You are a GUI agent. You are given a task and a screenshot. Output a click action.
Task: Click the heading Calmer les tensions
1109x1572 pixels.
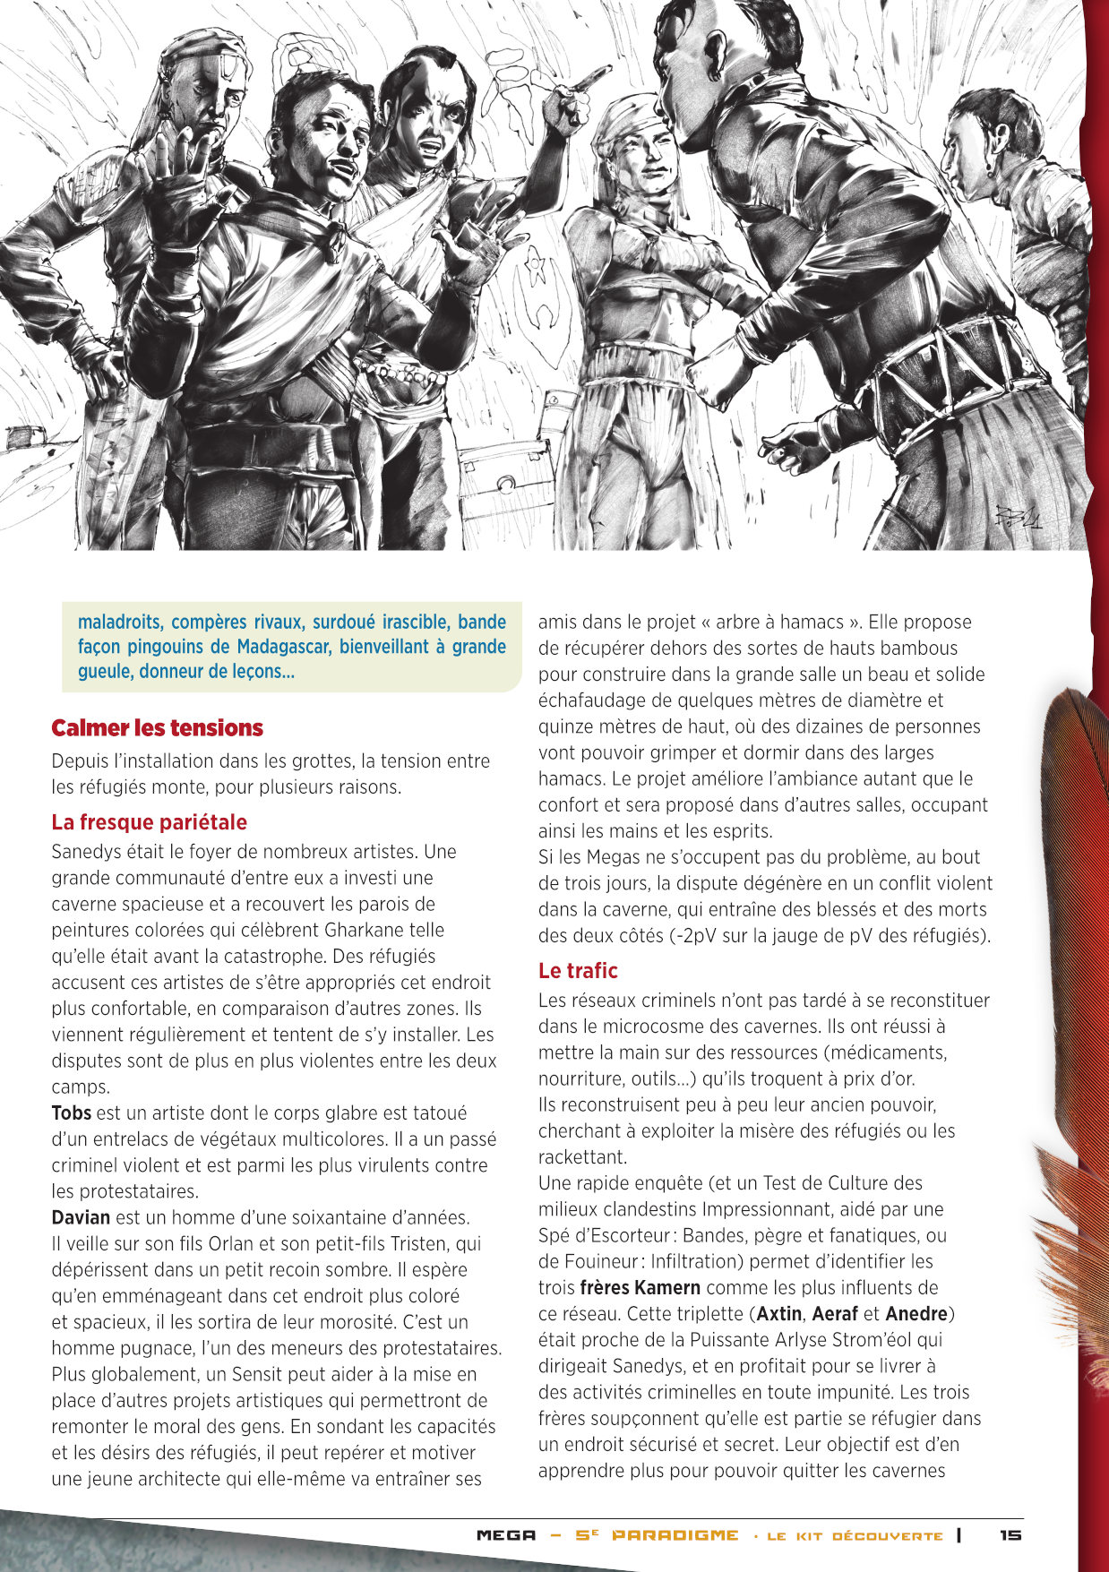pyautogui.click(x=157, y=728)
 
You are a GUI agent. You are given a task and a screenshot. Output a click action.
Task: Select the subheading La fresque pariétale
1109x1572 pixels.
pyautogui.click(x=149, y=822)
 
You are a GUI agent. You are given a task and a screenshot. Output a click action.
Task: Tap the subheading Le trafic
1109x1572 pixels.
pyautogui.click(x=578, y=970)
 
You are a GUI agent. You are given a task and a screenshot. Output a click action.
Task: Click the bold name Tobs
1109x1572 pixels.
pyautogui.click(x=71, y=1113)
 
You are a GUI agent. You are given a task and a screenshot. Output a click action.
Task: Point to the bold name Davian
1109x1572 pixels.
pyautogui.click(x=81, y=1217)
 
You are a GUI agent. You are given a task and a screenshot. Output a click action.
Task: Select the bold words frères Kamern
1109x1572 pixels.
pyautogui.click(x=640, y=1288)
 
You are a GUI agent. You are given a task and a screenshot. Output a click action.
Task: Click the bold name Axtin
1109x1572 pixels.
pyautogui.click(x=778, y=1314)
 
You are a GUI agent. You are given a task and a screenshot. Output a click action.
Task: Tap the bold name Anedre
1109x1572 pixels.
pyautogui.click(x=916, y=1314)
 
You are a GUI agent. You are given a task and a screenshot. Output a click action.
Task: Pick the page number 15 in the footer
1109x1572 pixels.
pyautogui.click(x=1010, y=1534)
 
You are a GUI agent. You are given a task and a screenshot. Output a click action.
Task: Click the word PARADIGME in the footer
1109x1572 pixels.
pyautogui.click(x=675, y=1535)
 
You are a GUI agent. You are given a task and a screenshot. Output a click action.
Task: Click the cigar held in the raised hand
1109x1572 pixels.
pyautogui.click(x=589, y=82)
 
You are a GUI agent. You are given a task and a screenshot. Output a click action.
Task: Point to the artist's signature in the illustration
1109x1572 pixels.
pyautogui.click(x=1019, y=517)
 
